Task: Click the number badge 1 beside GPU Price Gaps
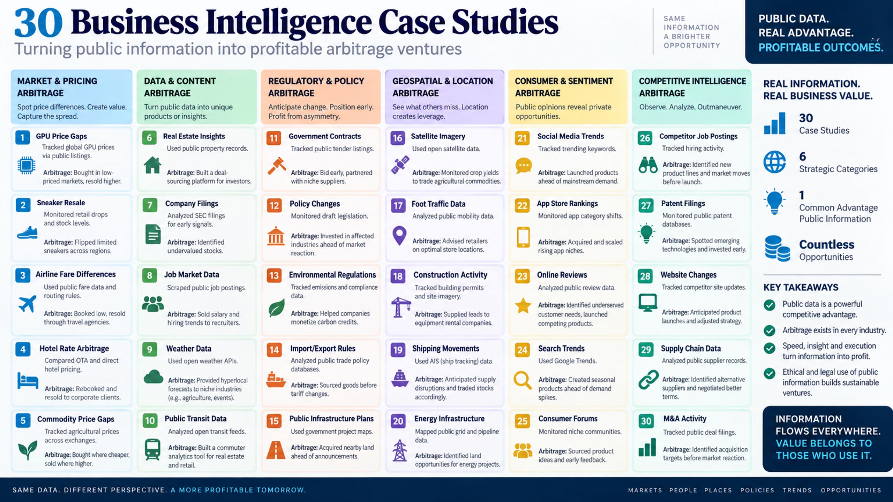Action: [22, 138]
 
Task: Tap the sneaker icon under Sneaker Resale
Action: [27, 233]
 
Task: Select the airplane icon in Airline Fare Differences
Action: [27, 304]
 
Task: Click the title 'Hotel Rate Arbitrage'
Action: [74, 349]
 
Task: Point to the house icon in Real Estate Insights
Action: [152, 165]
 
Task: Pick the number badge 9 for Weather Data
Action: [150, 349]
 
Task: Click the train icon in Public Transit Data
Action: [152, 449]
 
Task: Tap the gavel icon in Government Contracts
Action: [277, 166]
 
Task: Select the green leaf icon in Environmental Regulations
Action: [277, 308]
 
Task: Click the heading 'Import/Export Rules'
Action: [323, 349]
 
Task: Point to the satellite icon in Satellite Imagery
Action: [400, 165]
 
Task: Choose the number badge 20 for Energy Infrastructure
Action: [398, 421]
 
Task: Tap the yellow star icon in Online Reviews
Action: [523, 306]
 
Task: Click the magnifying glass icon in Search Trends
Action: [523, 380]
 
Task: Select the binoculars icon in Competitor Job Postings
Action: [648, 165]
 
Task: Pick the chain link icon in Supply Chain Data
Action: [648, 380]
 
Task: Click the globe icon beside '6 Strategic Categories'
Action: [774, 162]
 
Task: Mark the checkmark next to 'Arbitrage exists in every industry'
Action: [770, 330]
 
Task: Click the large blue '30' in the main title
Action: [38, 23]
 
